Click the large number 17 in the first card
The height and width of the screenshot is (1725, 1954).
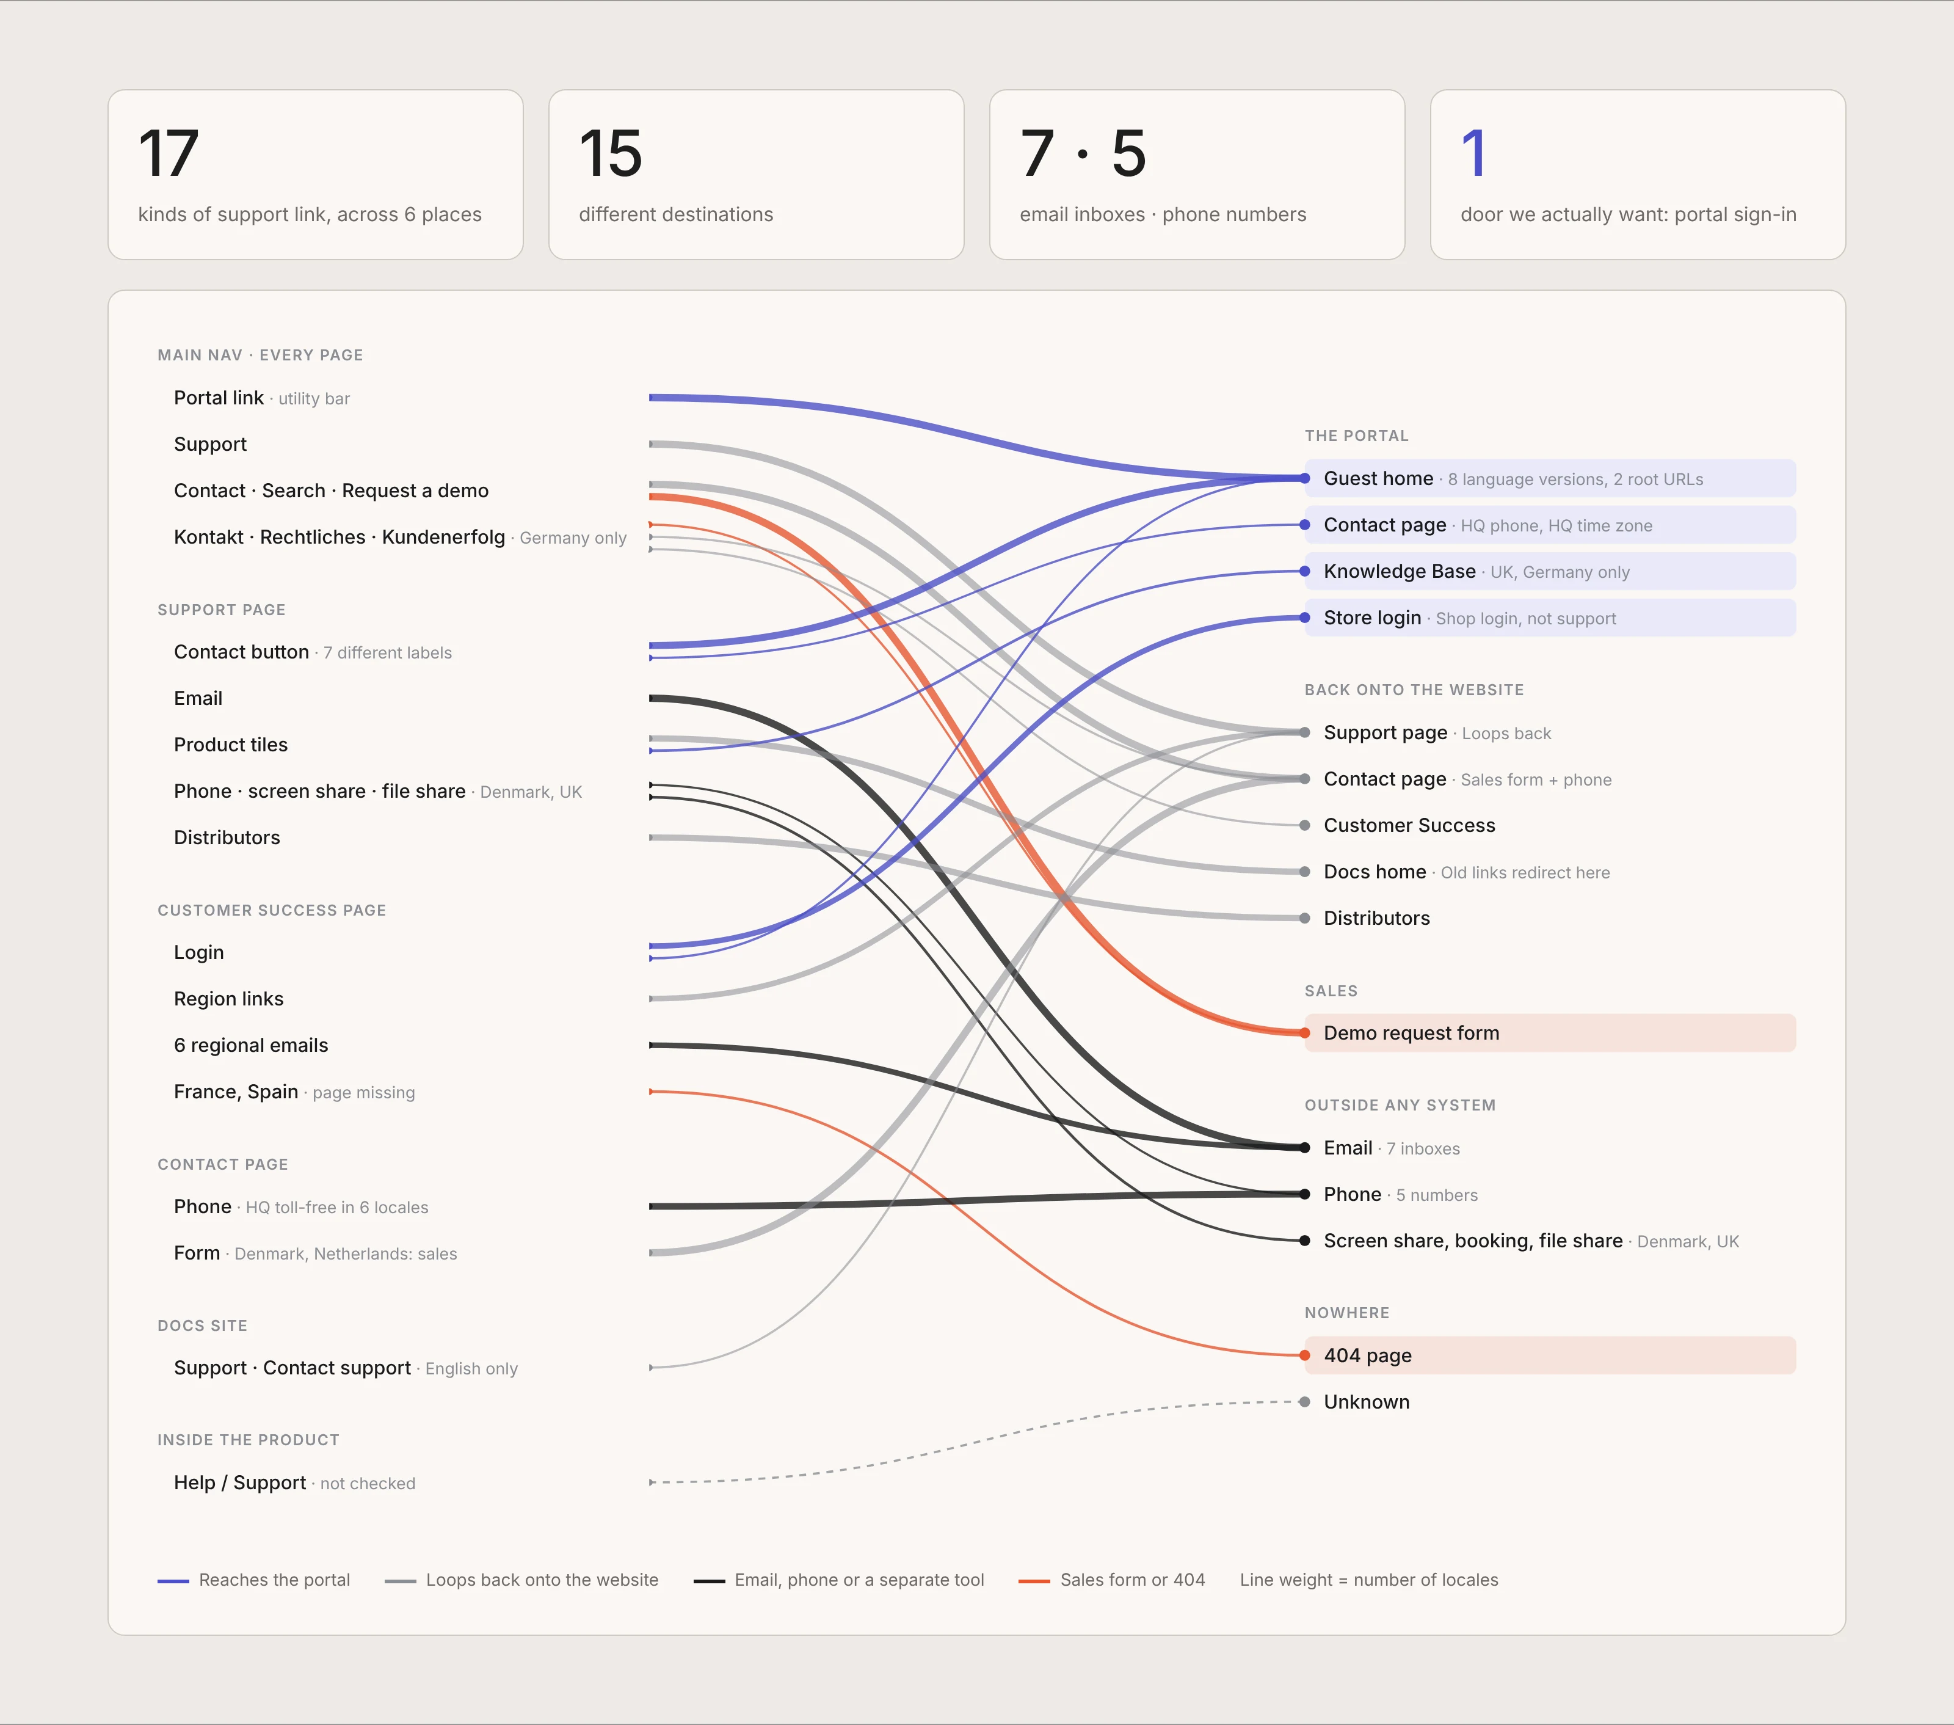(169, 154)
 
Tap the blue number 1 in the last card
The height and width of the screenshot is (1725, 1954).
(1473, 154)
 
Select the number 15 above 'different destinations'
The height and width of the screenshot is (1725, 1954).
(610, 154)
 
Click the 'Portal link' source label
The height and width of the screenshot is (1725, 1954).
(218, 398)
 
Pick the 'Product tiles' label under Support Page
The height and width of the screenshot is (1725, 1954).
(230, 745)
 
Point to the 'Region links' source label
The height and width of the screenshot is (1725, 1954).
(228, 999)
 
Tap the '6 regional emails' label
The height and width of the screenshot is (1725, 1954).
(250, 1045)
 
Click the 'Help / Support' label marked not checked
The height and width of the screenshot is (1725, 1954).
(240, 1483)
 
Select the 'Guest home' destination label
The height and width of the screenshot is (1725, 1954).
(1379, 478)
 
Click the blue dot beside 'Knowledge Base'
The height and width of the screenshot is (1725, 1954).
(1305, 572)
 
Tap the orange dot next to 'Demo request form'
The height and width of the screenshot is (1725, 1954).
(1305, 1033)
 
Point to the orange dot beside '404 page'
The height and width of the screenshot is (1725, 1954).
(1305, 1355)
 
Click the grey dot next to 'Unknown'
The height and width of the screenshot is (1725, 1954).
(1305, 1402)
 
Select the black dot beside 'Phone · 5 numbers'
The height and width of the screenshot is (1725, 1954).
(1305, 1194)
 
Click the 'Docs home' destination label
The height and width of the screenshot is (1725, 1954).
(1375, 872)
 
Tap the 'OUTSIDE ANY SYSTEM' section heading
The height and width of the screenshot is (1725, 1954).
(1400, 1106)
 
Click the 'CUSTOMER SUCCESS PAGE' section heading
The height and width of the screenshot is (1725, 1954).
(272, 910)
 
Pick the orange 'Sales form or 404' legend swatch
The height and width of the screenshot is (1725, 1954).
(1034, 1581)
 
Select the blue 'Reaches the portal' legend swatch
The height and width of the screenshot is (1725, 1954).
(173, 1581)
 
